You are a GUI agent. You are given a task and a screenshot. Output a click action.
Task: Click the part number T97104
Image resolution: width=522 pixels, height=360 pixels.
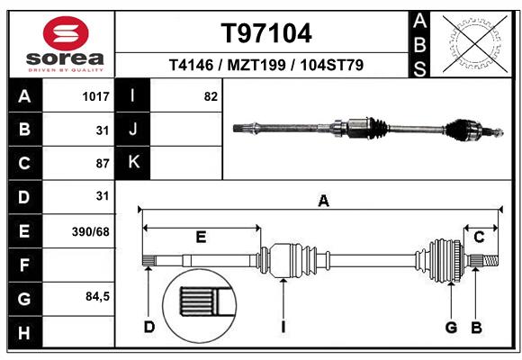pyautogui.click(x=266, y=33)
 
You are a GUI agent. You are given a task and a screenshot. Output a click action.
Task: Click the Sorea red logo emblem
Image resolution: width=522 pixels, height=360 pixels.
pyautogui.click(x=66, y=33)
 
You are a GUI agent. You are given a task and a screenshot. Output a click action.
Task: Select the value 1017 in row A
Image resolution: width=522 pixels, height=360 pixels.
pyautogui.click(x=95, y=96)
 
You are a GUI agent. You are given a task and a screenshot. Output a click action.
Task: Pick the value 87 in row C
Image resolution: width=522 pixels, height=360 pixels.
pyautogui.click(x=102, y=163)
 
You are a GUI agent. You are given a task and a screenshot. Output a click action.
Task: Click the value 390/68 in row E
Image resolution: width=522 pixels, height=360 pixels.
pyautogui.click(x=91, y=231)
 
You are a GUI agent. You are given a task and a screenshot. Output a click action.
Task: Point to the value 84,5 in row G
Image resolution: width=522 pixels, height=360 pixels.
pyautogui.click(x=97, y=296)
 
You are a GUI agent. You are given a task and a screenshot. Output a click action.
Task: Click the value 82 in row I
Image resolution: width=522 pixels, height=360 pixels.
pyautogui.click(x=211, y=96)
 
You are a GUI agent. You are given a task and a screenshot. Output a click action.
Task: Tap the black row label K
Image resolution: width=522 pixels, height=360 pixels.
pyautogui.click(x=133, y=163)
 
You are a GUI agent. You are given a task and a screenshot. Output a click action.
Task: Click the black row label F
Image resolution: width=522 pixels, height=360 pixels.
pyautogui.click(x=24, y=265)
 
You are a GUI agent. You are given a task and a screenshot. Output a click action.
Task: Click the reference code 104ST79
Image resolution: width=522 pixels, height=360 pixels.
pyautogui.click(x=332, y=66)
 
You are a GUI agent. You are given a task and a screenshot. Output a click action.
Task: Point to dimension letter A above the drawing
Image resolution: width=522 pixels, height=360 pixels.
pyautogui.click(x=323, y=202)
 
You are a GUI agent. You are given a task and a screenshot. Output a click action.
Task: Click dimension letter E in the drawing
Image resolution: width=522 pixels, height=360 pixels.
pyautogui.click(x=201, y=238)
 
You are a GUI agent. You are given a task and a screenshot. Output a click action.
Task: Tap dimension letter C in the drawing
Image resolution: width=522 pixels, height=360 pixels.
pyautogui.click(x=480, y=238)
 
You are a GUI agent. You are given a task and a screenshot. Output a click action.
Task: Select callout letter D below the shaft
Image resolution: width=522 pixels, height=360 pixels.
pyautogui.click(x=149, y=326)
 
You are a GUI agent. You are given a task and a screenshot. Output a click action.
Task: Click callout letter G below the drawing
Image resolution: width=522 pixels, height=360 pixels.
pyautogui.click(x=452, y=326)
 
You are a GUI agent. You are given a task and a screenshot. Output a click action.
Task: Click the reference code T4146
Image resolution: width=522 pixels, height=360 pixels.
pyautogui.click(x=194, y=66)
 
